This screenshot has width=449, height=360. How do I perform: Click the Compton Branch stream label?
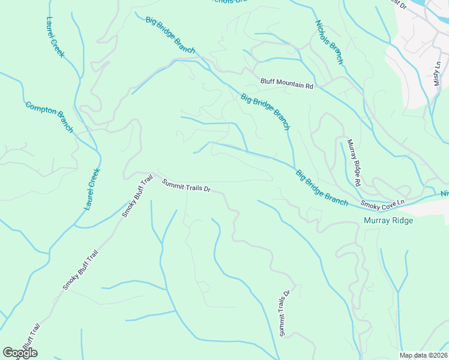[x=49, y=116]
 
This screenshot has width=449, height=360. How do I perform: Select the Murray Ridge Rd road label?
[x=354, y=162]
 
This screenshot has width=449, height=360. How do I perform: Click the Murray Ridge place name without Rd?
[x=388, y=220]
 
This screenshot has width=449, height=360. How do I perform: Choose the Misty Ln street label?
[x=438, y=73]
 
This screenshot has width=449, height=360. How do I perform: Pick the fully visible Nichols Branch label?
[x=329, y=42]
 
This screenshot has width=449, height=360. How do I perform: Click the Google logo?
[x=20, y=352]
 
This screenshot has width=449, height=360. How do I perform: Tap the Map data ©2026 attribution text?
[x=423, y=355]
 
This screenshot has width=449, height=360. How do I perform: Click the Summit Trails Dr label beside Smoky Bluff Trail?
[x=186, y=185]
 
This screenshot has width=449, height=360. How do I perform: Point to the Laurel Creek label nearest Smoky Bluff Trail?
[x=92, y=188]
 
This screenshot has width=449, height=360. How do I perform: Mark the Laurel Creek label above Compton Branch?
[x=55, y=37]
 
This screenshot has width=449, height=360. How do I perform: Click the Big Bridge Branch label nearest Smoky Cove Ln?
[x=321, y=188]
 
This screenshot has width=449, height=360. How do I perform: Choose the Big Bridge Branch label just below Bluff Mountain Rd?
[x=265, y=112]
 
